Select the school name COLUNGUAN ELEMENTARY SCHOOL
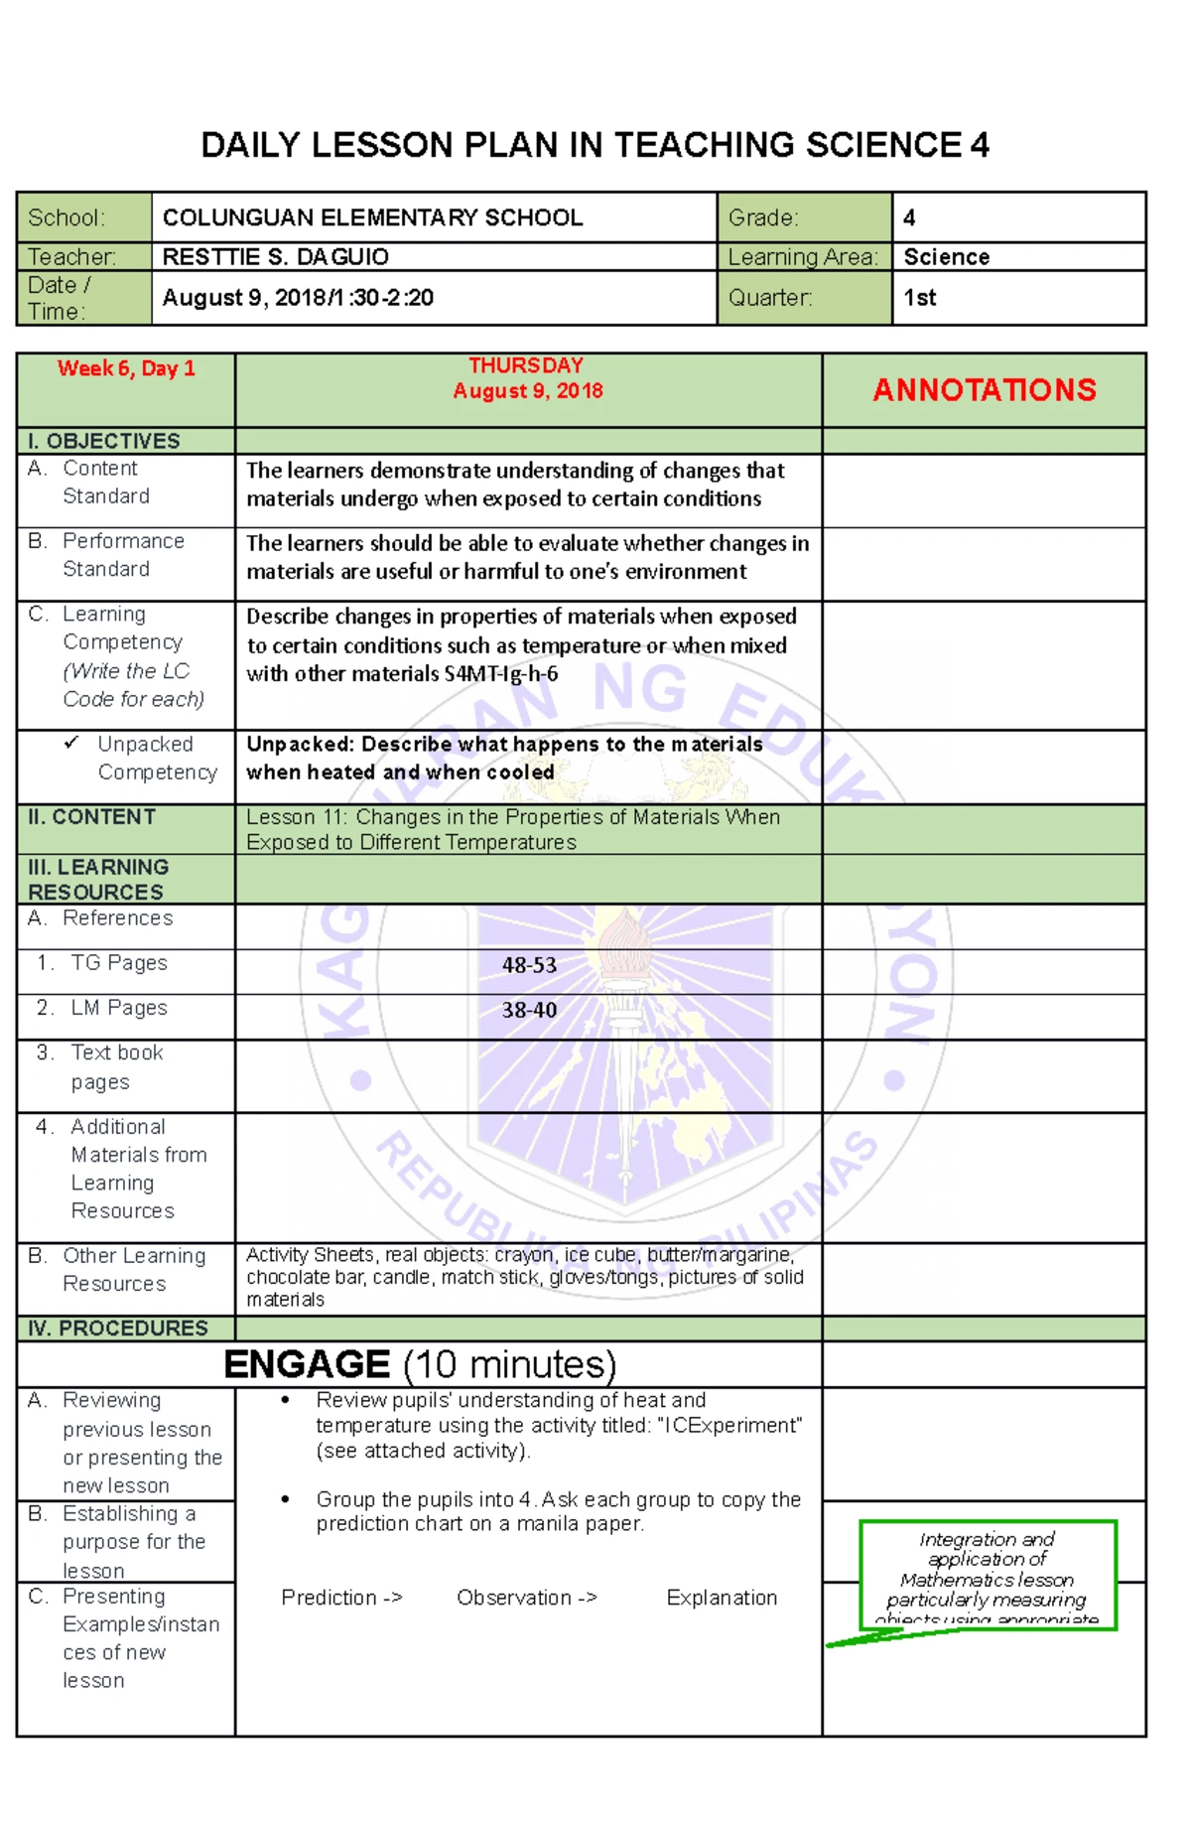pyautogui.click(x=372, y=217)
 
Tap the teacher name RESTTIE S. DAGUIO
pyautogui.click(x=275, y=257)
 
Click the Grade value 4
pyautogui.click(x=909, y=217)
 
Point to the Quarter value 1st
pyautogui.click(x=919, y=298)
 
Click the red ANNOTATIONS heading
pyautogui.click(x=984, y=390)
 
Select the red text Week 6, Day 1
pyautogui.click(x=126, y=368)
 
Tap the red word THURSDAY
pyautogui.click(x=526, y=365)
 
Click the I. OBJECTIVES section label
pyautogui.click(x=104, y=441)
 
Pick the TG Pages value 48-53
pyautogui.click(x=529, y=965)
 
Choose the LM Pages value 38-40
pyautogui.click(x=529, y=1010)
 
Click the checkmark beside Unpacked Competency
pyautogui.click(x=71, y=743)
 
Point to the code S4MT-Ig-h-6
pyautogui.click(x=500, y=674)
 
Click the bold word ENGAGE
pyautogui.click(x=307, y=1364)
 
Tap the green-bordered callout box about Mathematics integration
pyautogui.click(x=987, y=1575)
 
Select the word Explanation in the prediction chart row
pyautogui.click(x=722, y=1598)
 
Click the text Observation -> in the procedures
pyautogui.click(x=526, y=1598)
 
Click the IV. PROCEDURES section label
pyautogui.click(x=118, y=1329)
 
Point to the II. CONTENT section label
pyautogui.click(x=91, y=817)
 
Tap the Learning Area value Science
pyautogui.click(x=946, y=257)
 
